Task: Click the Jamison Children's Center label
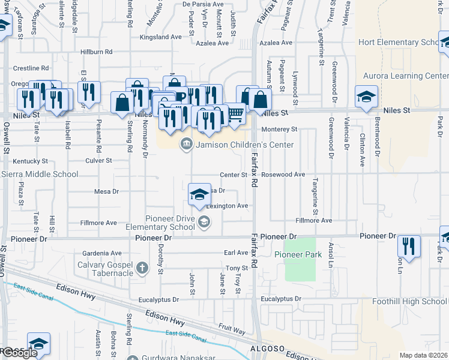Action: click(244, 145)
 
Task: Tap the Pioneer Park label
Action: click(298, 254)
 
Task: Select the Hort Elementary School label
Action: click(399, 42)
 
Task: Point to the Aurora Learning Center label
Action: click(406, 76)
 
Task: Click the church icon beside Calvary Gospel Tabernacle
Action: click(142, 268)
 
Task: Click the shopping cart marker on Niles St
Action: click(235, 112)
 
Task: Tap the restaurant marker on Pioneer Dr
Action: click(409, 245)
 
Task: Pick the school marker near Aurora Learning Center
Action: click(366, 96)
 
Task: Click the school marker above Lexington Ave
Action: click(200, 193)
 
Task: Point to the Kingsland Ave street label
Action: click(160, 37)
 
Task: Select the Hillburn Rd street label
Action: click(97, 52)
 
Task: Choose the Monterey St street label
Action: click(279, 129)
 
